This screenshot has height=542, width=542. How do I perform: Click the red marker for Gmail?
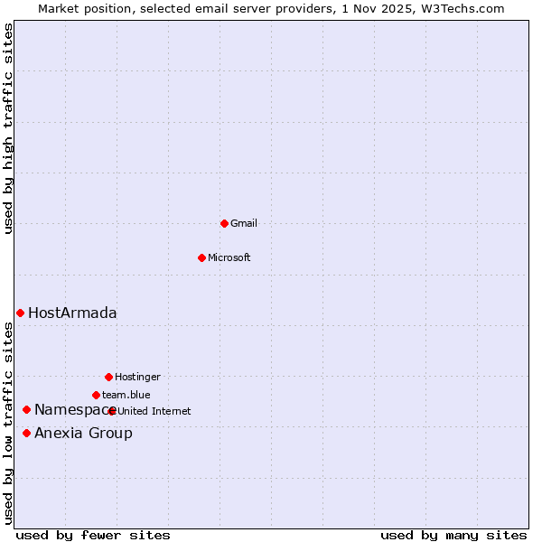(224, 223)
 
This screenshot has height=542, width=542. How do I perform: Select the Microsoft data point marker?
(202, 257)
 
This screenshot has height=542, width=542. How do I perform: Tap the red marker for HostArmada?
(20, 313)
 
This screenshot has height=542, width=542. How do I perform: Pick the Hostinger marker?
(108, 377)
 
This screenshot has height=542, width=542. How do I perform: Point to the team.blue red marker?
(96, 395)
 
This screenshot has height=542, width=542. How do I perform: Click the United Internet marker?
(112, 411)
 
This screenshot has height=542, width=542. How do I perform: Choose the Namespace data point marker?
(26, 410)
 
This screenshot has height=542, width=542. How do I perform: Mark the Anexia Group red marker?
(26, 434)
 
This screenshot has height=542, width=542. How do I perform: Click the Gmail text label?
(244, 223)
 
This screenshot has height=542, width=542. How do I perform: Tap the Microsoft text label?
(229, 257)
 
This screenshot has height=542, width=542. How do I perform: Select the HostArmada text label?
(72, 313)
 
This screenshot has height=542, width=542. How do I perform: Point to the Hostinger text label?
(137, 377)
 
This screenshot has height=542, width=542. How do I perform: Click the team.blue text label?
(126, 395)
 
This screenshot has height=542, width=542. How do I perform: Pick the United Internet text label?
(154, 411)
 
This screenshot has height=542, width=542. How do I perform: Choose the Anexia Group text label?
(83, 434)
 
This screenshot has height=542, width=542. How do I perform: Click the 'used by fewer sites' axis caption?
(93, 535)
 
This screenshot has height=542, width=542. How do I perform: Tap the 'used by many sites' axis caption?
(453, 535)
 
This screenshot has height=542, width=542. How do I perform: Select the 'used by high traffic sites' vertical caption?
(8, 128)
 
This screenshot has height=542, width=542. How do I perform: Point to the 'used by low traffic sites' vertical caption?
(8, 422)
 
